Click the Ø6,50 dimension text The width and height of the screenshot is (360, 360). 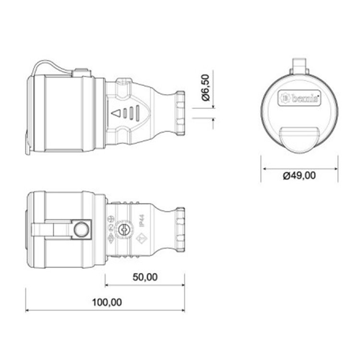point(205,88)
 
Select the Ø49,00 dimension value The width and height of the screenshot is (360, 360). point(299,176)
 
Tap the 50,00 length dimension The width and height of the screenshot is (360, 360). point(144,277)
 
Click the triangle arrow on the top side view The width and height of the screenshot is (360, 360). point(115,114)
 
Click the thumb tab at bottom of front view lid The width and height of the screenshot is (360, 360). point(300,137)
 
